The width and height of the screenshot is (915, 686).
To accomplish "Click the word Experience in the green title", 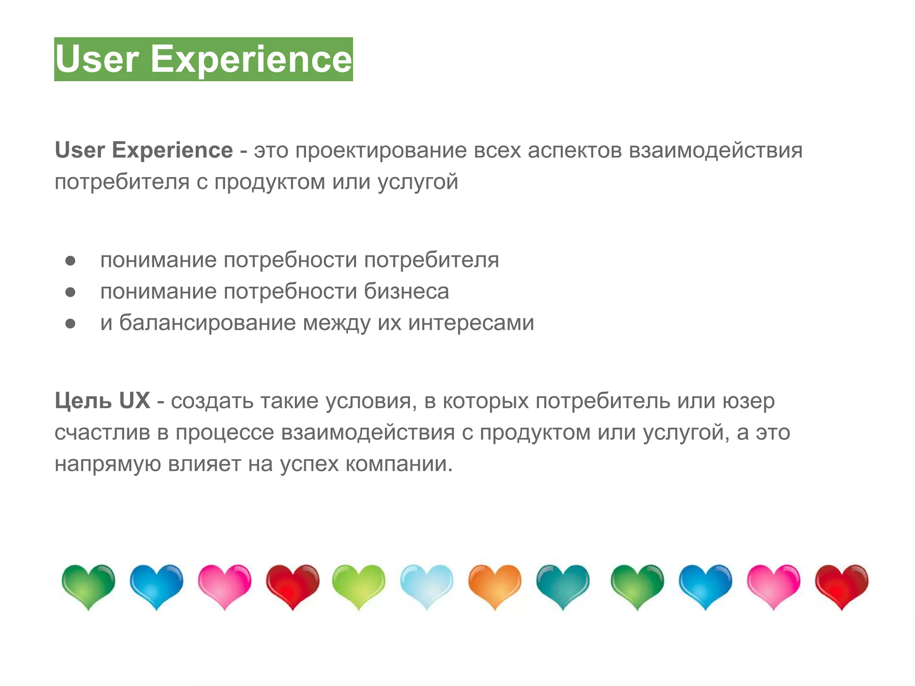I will pyautogui.click(x=251, y=59).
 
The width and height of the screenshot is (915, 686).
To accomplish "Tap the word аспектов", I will pyautogui.click(x=575, y=150).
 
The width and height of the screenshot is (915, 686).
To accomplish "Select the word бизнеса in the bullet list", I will pyautogui.click(x=406, y=291).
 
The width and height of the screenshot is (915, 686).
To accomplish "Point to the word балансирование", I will pyautogui.click(x=207, y=322).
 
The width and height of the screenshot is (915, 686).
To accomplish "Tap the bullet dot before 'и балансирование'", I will pyautogui.click(x=70, y=323).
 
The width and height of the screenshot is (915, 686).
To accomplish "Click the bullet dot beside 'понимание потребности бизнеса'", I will pyautogui.click(x=70, y=292).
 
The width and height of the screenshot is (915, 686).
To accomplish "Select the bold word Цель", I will pyautogui.click(x=83, y=401).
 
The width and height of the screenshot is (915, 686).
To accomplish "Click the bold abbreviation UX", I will pyautogui.click(x=134, y=401).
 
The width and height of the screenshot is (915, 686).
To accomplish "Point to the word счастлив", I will pyautogui.click(x=102, y=432).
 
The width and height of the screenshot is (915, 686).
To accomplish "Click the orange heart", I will pyautogui.click(x=495, y=585).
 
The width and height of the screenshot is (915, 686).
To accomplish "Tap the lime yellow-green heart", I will pyautogui.click(x=358, y=585).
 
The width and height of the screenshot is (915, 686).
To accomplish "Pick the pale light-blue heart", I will pyautogui.click(x=427, y=585).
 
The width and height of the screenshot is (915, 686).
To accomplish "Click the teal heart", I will pyautogui.click(x=563, y=585).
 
